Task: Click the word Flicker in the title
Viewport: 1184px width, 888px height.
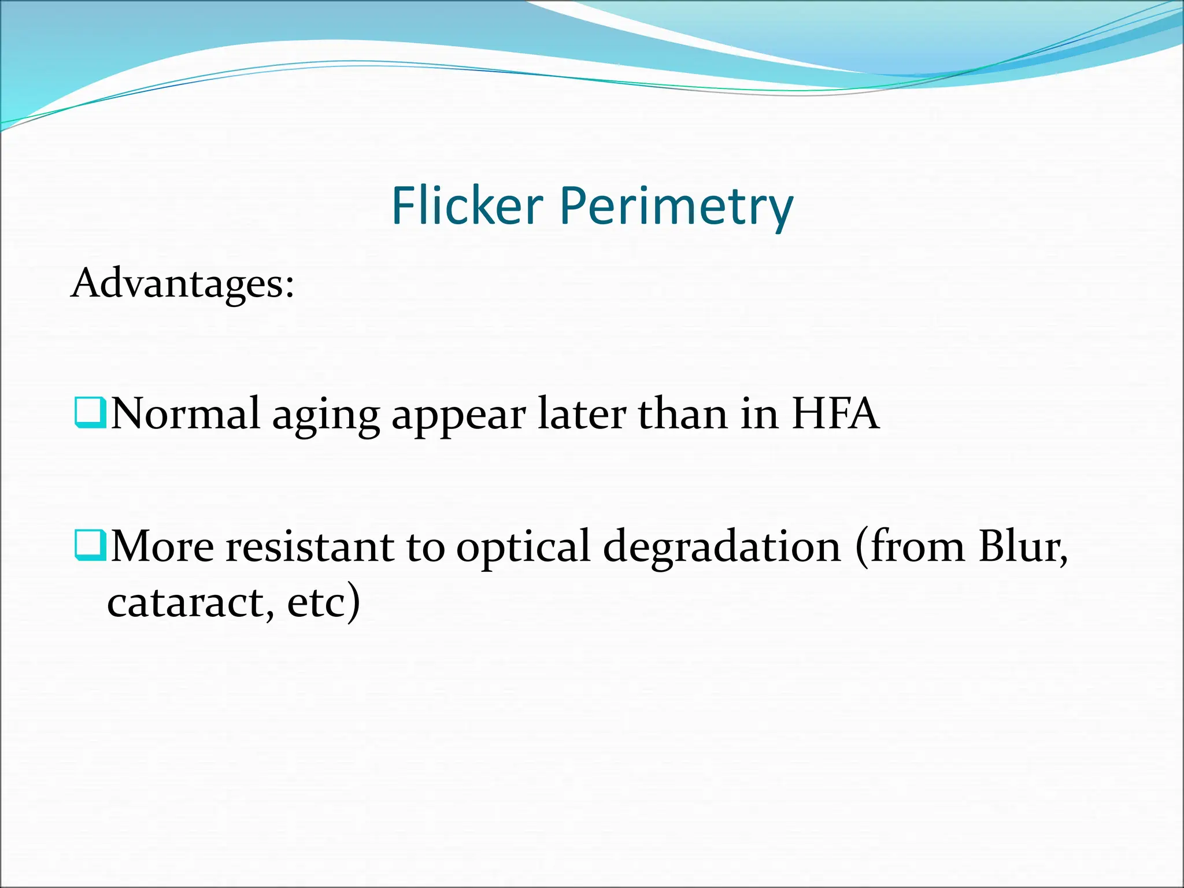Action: [467, 206]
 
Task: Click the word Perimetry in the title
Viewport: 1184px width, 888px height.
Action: [676, 208]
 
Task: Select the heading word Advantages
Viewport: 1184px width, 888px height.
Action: [176, 284]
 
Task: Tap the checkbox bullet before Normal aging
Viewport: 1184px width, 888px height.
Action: [90, 412]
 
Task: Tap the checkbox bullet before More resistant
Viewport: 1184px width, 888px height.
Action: [90, 545]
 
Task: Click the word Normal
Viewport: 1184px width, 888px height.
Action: [185, 414]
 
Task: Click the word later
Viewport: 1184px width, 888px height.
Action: [582, 414]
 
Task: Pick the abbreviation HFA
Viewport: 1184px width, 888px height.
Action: [835, 414]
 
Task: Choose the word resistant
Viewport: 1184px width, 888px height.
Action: [309, 546]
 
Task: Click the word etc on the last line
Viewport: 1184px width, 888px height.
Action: [316, 602]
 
